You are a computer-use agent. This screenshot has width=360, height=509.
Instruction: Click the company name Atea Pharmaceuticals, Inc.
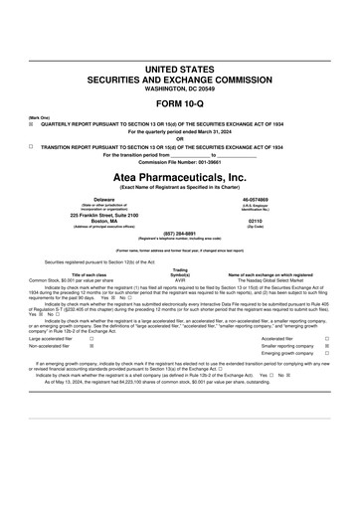pyautogui.click(x=180, y=175)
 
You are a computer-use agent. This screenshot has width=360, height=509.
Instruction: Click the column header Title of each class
pyautogui.click(x=89, y=274)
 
